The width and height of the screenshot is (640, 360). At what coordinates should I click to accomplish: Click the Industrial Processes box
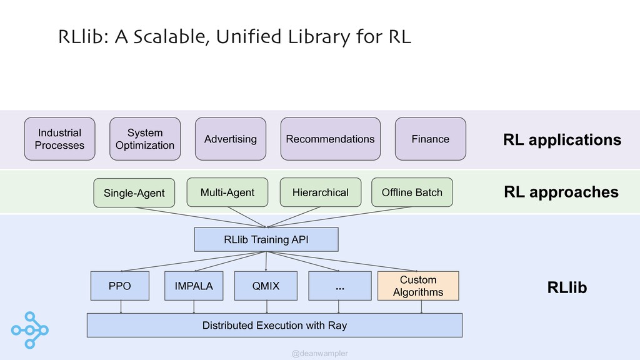(x=59, y=139)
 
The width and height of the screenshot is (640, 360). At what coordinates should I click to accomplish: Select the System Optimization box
(x=145, y=139)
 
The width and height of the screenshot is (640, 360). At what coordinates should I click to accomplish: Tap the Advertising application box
(x=231, y=139)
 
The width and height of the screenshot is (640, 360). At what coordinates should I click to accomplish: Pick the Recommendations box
(x=330, y=139)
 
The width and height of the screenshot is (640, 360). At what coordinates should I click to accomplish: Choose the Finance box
(x=430, y=139)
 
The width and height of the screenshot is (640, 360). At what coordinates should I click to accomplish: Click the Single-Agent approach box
(x=134, y=192)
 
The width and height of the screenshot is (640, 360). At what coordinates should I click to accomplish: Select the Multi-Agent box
(x=227, y=192)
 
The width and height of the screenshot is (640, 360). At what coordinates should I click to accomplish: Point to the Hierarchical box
(x=321, y=192)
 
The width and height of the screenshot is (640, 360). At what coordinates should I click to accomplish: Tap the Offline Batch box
(x=412, y=192)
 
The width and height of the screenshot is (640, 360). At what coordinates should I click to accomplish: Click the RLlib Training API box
(x=266, y=239)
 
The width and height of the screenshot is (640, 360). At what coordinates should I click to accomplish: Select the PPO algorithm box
(x=120, y=286)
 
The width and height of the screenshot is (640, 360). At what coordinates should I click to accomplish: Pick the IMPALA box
(x=194, y=286)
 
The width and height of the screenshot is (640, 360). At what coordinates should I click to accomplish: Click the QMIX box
(x=266, y=286)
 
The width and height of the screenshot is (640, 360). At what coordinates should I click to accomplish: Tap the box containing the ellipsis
(x=340, y=286)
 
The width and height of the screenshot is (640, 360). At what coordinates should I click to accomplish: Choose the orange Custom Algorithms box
(x=418, y=286)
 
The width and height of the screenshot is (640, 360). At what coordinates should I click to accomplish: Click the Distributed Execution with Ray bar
(x=275, y=325)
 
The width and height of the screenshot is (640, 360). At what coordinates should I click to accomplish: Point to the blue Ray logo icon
(x=30, y=330)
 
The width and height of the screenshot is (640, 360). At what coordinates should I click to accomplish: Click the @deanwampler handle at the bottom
(x=320, y=354)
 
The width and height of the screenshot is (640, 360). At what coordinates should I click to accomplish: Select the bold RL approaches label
(x=561, y=192)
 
